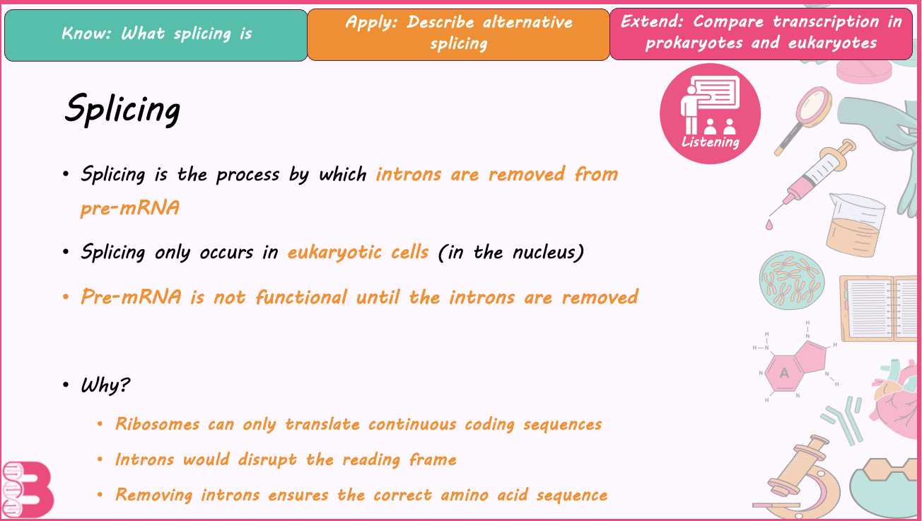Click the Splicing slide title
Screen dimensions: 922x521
pos(122,109)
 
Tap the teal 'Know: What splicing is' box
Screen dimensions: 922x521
pos(156,35)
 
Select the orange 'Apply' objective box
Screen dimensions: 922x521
pos(458,35)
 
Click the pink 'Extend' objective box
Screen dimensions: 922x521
pos(761,34)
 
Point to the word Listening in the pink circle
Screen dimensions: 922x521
pos(711,142)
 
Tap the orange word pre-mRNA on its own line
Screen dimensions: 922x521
pos(130,208)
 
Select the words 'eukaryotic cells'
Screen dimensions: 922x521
pos(358,252)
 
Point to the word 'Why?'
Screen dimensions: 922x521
pos(105,386)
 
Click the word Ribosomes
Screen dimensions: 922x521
pos(158,424)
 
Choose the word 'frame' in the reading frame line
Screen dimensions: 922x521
pos(433,459)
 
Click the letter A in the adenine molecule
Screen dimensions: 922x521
pos(784,374)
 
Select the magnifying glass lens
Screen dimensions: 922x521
pos(814,105)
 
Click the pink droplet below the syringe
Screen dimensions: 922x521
pos(769,224)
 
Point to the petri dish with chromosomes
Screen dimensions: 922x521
pos(792,280)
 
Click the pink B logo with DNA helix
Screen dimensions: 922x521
pos(28,490)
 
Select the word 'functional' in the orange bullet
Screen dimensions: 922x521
pos(301,297)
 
